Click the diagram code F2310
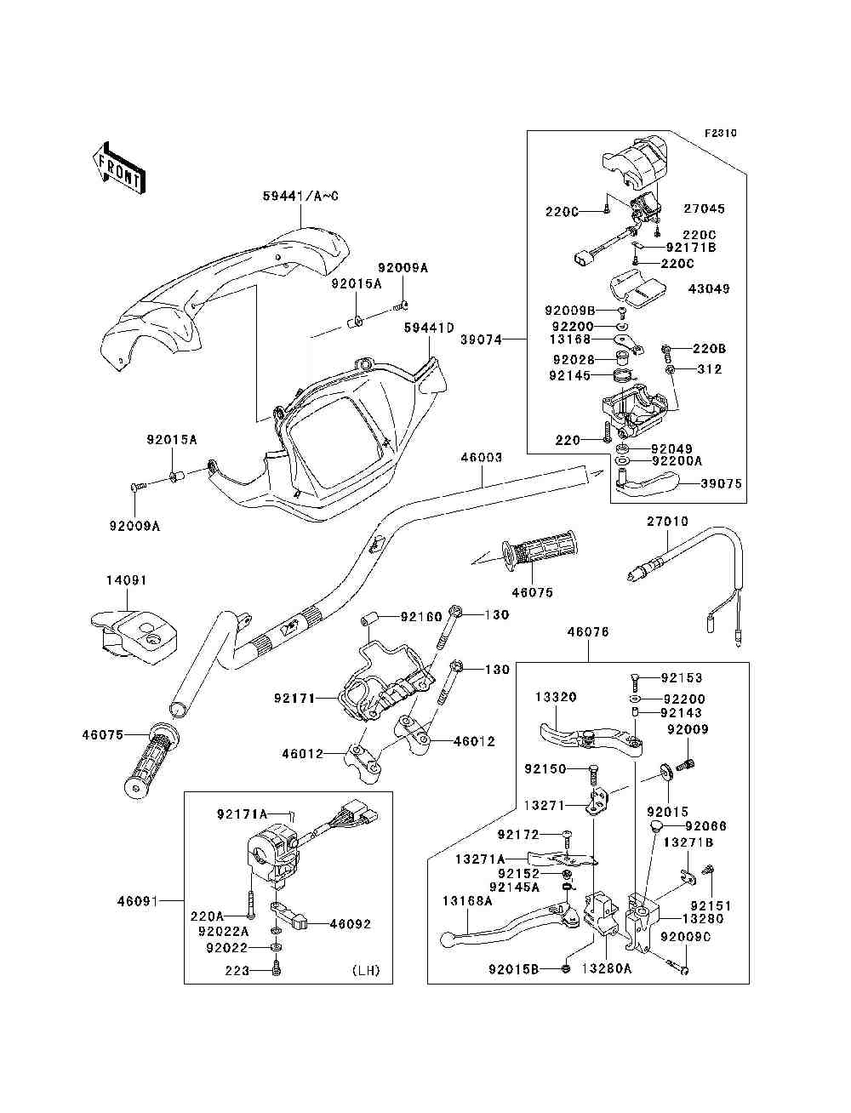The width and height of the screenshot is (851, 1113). (720, 134)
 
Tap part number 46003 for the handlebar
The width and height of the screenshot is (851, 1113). (482, 458)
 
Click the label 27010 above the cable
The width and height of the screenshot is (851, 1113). (667, 522)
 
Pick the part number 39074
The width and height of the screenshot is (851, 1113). (482, 340)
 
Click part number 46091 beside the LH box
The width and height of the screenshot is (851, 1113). (138, 900)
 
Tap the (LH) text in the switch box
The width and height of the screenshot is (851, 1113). (365, 970)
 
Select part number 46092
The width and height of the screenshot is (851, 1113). (350, 924)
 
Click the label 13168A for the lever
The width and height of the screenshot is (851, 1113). (466, 900)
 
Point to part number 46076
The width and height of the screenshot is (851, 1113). (587, 632)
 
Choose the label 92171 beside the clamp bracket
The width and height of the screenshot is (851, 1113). (294, 699)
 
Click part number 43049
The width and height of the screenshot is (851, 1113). (708, 289)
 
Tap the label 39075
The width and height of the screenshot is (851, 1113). (721, 483)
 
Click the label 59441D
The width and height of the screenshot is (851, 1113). (429, 327)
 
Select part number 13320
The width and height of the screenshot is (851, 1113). (556, 697)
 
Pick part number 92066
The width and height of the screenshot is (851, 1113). (706, 826)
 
